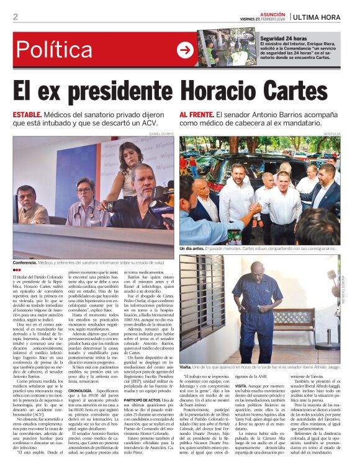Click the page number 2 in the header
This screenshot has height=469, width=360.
16,17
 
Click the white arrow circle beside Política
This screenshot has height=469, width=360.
185,50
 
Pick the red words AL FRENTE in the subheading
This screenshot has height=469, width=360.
196,115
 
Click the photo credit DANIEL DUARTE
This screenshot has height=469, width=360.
162,133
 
